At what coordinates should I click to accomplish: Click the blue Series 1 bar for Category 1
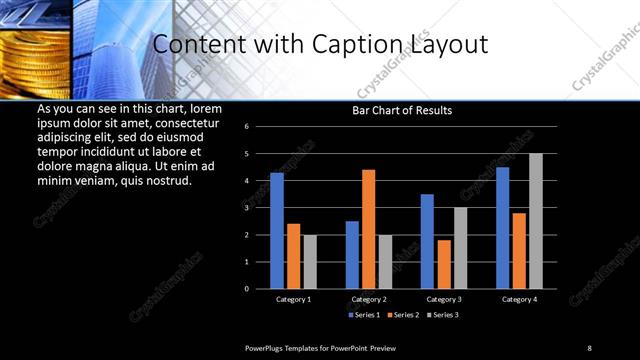click(x=277, y=230)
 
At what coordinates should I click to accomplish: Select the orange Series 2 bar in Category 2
click(x=369, y=228)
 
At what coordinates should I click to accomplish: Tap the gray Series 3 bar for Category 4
click(x=536, y=220)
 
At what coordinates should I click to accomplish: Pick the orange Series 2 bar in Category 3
click(x=444, y=264)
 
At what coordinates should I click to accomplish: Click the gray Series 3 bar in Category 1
click(x=310, y=261)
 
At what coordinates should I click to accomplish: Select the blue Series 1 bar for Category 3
click(x=427, y=241)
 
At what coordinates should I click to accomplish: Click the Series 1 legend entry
click(x=365, y=315)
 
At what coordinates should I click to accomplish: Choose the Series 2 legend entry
click(x=402, y=315)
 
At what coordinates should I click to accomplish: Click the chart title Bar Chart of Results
click(x=402, y=110)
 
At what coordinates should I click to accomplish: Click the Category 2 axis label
click(x=369, y=299)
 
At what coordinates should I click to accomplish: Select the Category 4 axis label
click(x=519, y=299)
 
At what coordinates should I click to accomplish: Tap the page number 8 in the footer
click(x=589, y=347)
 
